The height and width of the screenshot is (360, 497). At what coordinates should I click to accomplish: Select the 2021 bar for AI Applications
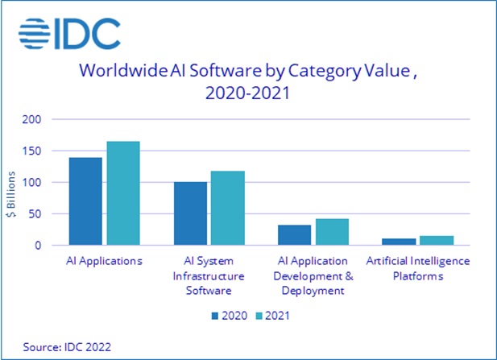[x=122, y=193]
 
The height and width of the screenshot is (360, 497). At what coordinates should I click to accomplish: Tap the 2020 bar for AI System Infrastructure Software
[x=190, y=213]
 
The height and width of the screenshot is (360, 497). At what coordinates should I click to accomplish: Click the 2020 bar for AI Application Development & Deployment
[x=294, y=234]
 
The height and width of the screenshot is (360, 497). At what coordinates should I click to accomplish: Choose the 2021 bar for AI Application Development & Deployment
[x=332, y=232]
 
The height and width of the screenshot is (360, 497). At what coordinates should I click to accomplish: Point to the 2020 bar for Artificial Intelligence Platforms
[x=399, y=242]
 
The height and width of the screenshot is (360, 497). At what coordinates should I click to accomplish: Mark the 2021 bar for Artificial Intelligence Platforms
[x=437, y=240]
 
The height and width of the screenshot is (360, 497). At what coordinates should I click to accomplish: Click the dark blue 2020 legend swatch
[x=216, y=315]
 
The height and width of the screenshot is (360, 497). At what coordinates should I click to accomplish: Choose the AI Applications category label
[x=104, y=261]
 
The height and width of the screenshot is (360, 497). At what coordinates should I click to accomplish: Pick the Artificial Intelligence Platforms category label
[x=417, y=267]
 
